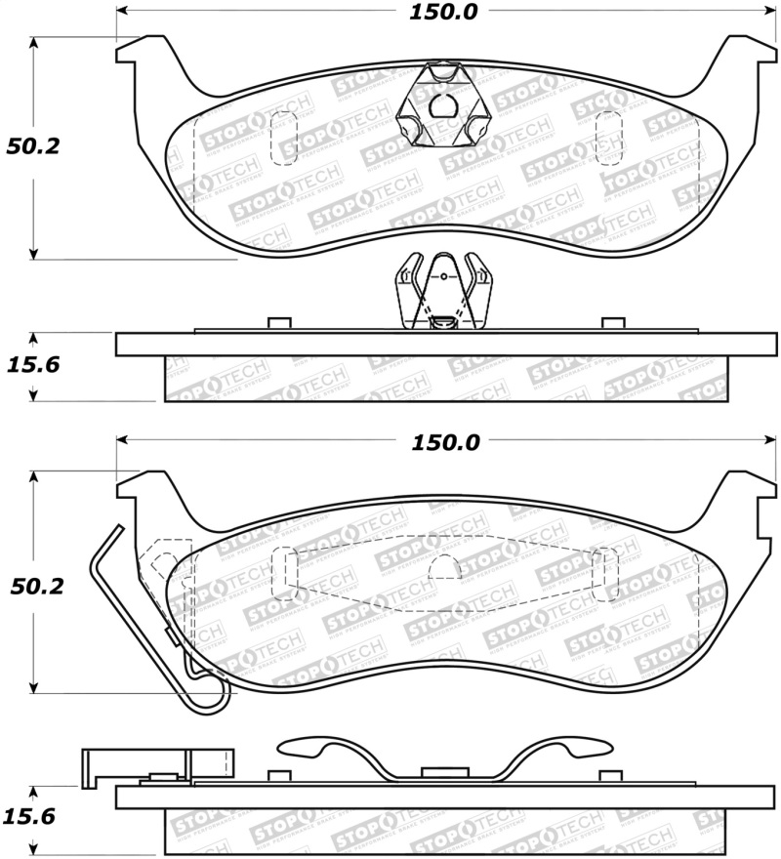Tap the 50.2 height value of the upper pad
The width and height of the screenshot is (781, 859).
click(x=33, y=147)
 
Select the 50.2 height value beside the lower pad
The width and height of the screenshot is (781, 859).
click(x=33, y=586)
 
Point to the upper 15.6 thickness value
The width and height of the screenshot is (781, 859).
click(x=33, y=366)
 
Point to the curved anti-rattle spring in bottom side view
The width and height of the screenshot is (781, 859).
click(x=445, y=757)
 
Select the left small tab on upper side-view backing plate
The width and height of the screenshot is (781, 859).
click(x=279, y=323)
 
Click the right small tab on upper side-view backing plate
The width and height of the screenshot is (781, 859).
click(x=613, y=323)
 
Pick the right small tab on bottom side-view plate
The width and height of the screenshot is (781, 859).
click(x=612, y=777)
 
